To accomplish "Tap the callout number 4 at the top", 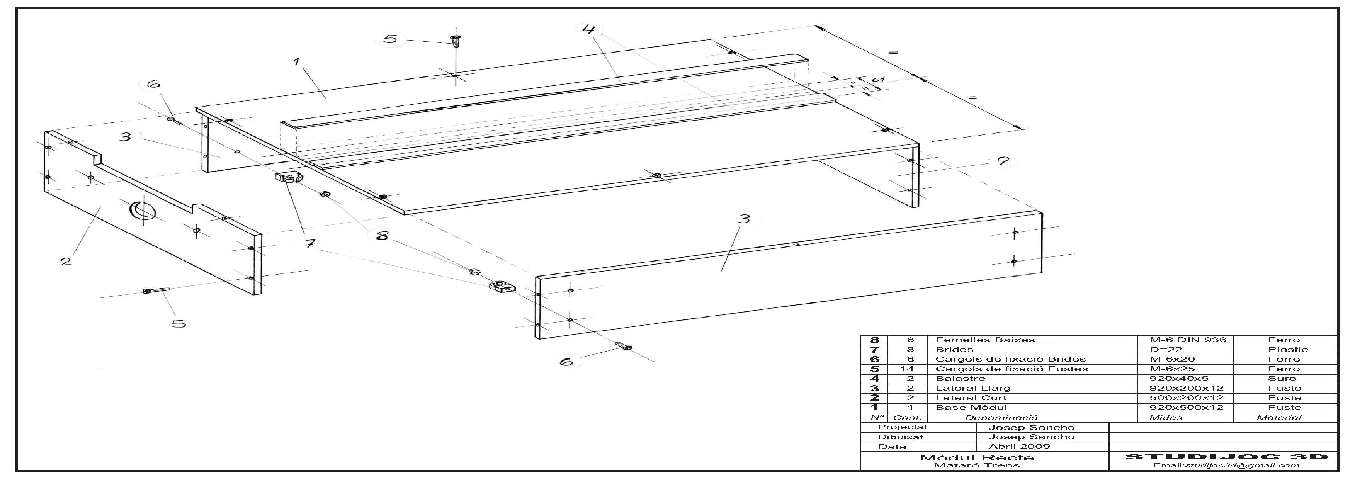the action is click(589, 29).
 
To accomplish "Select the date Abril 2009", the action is click(1019, 447).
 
